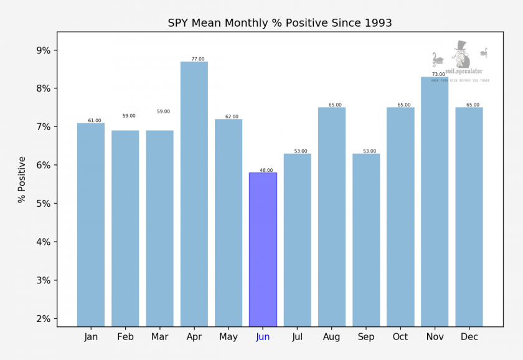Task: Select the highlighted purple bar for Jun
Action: [x=263, y=249]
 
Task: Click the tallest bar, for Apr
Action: [x=194, y=193]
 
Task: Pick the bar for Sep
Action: [x=366, y=240]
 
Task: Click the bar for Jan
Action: [x=91, y=224]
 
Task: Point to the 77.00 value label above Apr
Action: [x=197, y=59]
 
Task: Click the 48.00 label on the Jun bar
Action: [x=266, y=170]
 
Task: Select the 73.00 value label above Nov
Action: [x=438, y=74]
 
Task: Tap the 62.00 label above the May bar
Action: [x=232, y=116]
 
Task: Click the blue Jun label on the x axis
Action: [x=263, y=337]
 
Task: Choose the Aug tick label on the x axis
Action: [x=332, y=337]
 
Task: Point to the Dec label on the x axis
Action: [x=469, y=337]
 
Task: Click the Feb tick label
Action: [x=125, y=337]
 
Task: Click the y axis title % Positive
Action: [x=22, y=179]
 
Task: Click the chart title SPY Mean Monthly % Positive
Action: [x=280, y=23]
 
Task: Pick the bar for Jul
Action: [x=297, y=240]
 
